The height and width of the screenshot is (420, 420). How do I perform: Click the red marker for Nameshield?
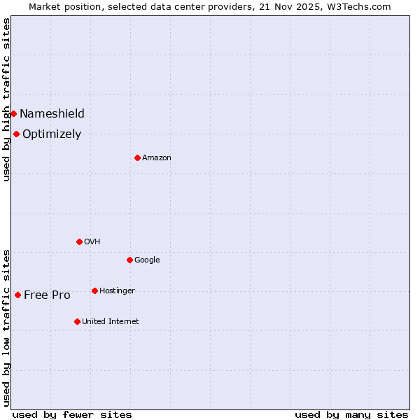(13, 113)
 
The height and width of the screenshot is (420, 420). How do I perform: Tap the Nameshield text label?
(52, 113)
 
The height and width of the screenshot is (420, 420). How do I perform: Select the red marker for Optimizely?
(16, 134)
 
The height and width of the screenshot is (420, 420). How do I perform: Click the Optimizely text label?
(52, 134)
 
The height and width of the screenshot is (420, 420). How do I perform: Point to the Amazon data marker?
(137, 157)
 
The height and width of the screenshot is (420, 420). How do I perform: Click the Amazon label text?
(157, 157)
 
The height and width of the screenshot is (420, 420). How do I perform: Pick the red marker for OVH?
(79, 241)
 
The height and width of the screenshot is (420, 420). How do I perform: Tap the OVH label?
(92, 241)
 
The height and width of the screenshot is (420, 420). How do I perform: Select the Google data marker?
(129, 260)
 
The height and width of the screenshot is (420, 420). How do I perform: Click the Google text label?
(147, 260)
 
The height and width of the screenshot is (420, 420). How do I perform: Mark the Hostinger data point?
(94, 290)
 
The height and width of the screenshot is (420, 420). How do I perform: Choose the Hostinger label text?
(117, 290)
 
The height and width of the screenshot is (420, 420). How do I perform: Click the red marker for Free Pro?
(17, 295)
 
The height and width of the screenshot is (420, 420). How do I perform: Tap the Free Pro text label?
(47, 295)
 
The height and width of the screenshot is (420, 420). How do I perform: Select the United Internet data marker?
(77, 321)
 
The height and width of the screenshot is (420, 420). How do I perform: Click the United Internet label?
(111, 321)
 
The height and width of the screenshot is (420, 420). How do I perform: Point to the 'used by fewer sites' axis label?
(72, 414)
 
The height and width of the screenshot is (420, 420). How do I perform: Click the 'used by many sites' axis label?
(351, 414)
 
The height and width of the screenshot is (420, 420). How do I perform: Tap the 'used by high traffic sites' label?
(6, 99)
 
